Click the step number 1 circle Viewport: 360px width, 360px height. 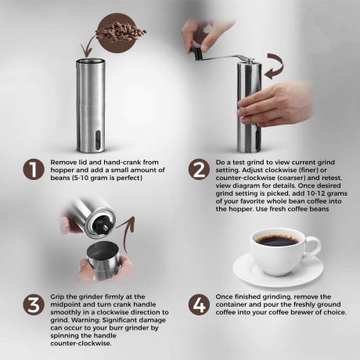pyautogui.click(x=34, y=170)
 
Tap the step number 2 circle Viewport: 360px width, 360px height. pyautogui.click(x=199, y=170)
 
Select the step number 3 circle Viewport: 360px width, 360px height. pyautogui.click(x=34, y=304)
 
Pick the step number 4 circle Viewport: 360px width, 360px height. pyautogui.click(x=199, y=304)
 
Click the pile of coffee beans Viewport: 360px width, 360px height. pyautogui.click(x=121, y=32)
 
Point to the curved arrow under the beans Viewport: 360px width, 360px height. pyautogui.click(x=88, y=45)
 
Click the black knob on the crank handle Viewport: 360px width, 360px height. pyautogui.click(x=196, y=53)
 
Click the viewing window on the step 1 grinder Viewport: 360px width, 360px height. pyautogui.click(x=98, y=140)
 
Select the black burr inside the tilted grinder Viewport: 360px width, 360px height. pyautogui.click(x=103, y=225)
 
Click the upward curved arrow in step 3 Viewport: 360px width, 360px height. pyautogui.click(x=127, y=232)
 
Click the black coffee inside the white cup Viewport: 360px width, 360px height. pyautogui.click(x=277, y=239)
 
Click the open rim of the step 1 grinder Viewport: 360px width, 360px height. pyautogui.click(x=90, y=61)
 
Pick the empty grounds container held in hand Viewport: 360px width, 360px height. pyautogui.click(x=103, y=261)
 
